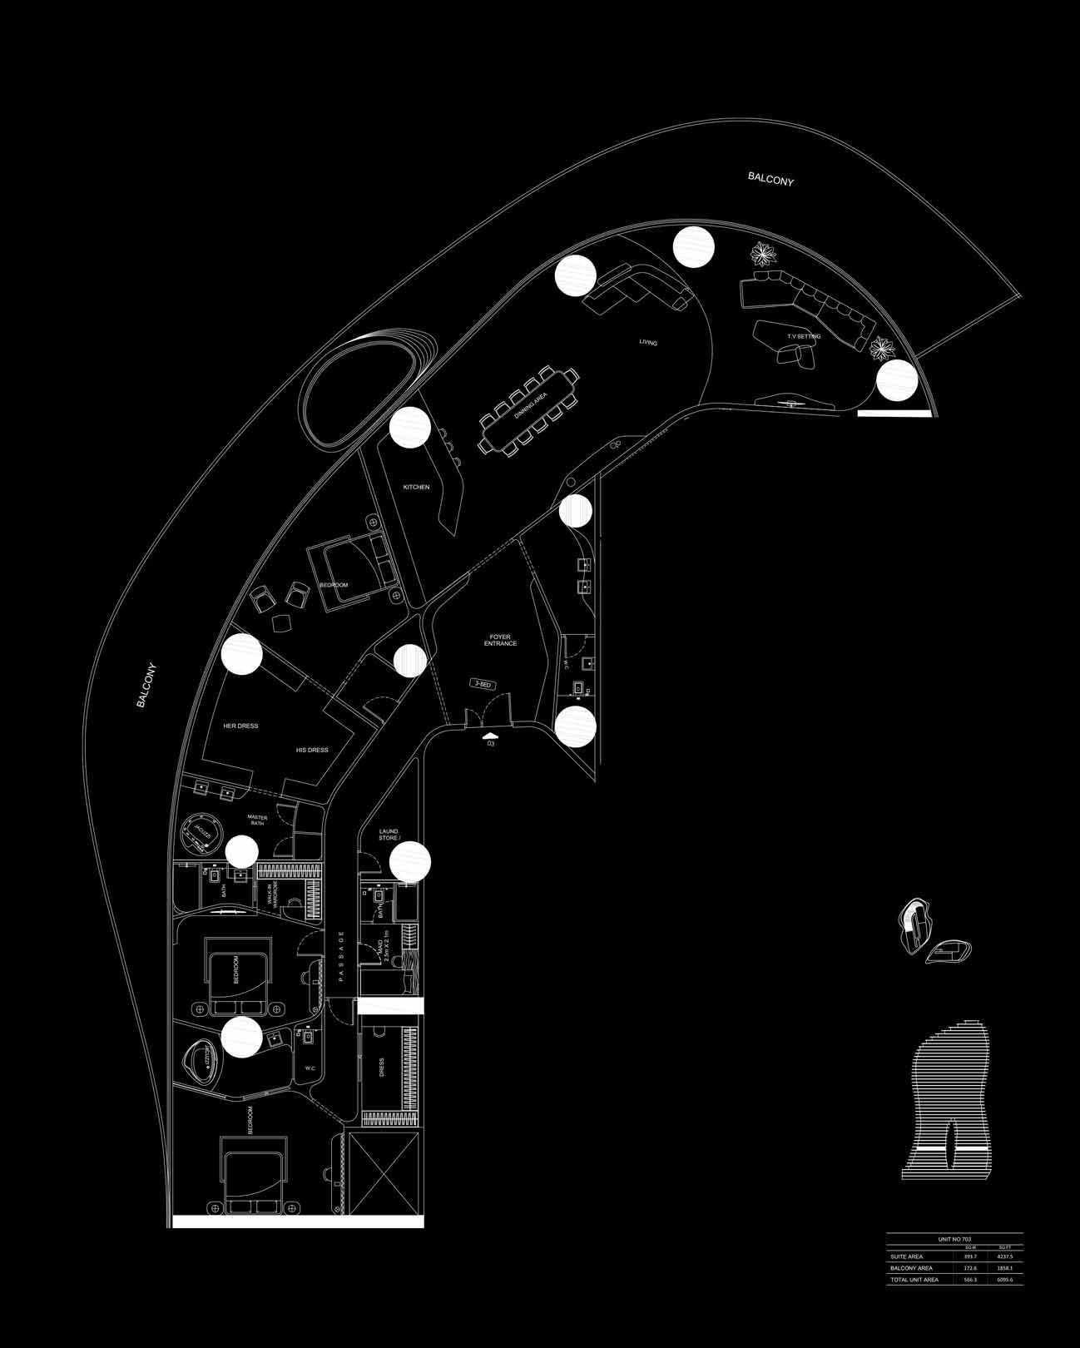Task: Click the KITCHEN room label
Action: pyautogui.click(x=416, y=487)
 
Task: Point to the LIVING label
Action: pyautogui.click(x=648, y=342)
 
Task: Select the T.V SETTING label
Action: pyautogui.click(x=804, y=336)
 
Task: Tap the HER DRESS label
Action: pyautogui.click(x=240, y=726)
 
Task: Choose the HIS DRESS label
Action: pyautogui.click(x=312, y=750)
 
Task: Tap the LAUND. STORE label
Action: pyautogui.click(x=389, y=834)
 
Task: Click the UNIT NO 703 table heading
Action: pyautogui.click(x=954, y=1239)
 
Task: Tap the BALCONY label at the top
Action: pyautogui.click(x=770, y=178)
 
